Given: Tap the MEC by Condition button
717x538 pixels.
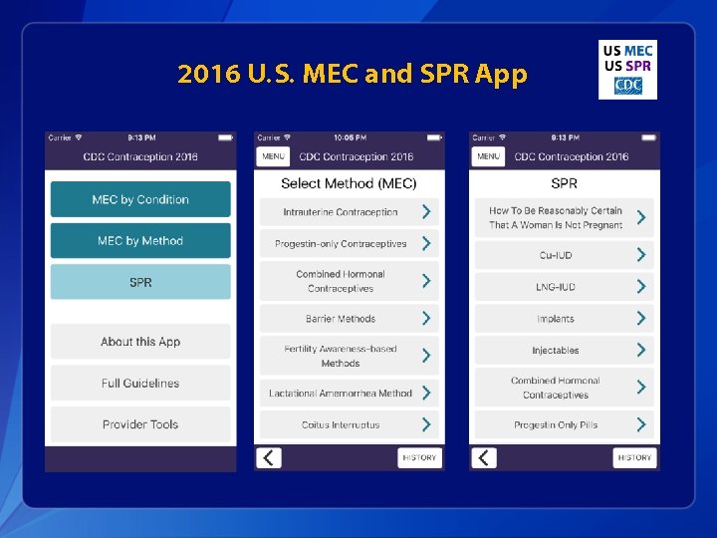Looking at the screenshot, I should (140, 199).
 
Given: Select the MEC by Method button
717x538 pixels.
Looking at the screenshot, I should (140, 241).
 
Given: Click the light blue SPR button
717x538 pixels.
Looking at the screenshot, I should (140, 283).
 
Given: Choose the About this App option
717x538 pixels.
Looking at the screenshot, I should (140, 342).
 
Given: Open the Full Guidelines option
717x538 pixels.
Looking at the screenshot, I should (140, 384).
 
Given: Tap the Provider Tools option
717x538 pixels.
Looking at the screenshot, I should (140, 424).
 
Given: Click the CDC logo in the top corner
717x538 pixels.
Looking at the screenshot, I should (627, 86).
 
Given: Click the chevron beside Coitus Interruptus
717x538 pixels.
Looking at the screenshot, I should (426, 424).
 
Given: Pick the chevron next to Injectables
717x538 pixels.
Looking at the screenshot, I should (641, 350).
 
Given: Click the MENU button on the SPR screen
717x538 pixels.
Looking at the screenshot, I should (488, 156).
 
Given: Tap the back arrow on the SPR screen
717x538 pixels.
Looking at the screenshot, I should (484, 457).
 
